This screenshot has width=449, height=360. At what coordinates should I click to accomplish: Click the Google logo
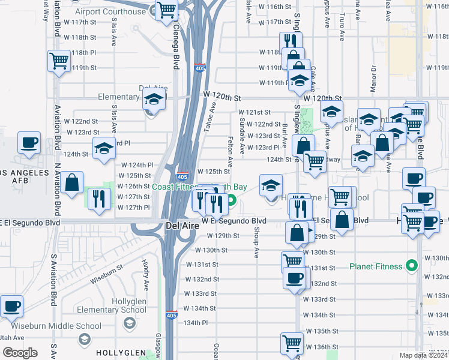point(19,353)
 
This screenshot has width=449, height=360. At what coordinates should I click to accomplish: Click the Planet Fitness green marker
point(411,265)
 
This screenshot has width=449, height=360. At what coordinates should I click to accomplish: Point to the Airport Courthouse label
point(111,11)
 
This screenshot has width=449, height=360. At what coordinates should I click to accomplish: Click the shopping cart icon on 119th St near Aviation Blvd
point(59,61)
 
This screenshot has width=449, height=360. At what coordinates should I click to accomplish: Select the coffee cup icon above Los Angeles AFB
point(29,143)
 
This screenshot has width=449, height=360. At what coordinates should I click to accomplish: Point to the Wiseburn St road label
point(107,271)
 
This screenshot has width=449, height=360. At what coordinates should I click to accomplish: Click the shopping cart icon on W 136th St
point(292,343)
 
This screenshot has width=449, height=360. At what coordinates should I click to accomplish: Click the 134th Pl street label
point(196,322)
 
